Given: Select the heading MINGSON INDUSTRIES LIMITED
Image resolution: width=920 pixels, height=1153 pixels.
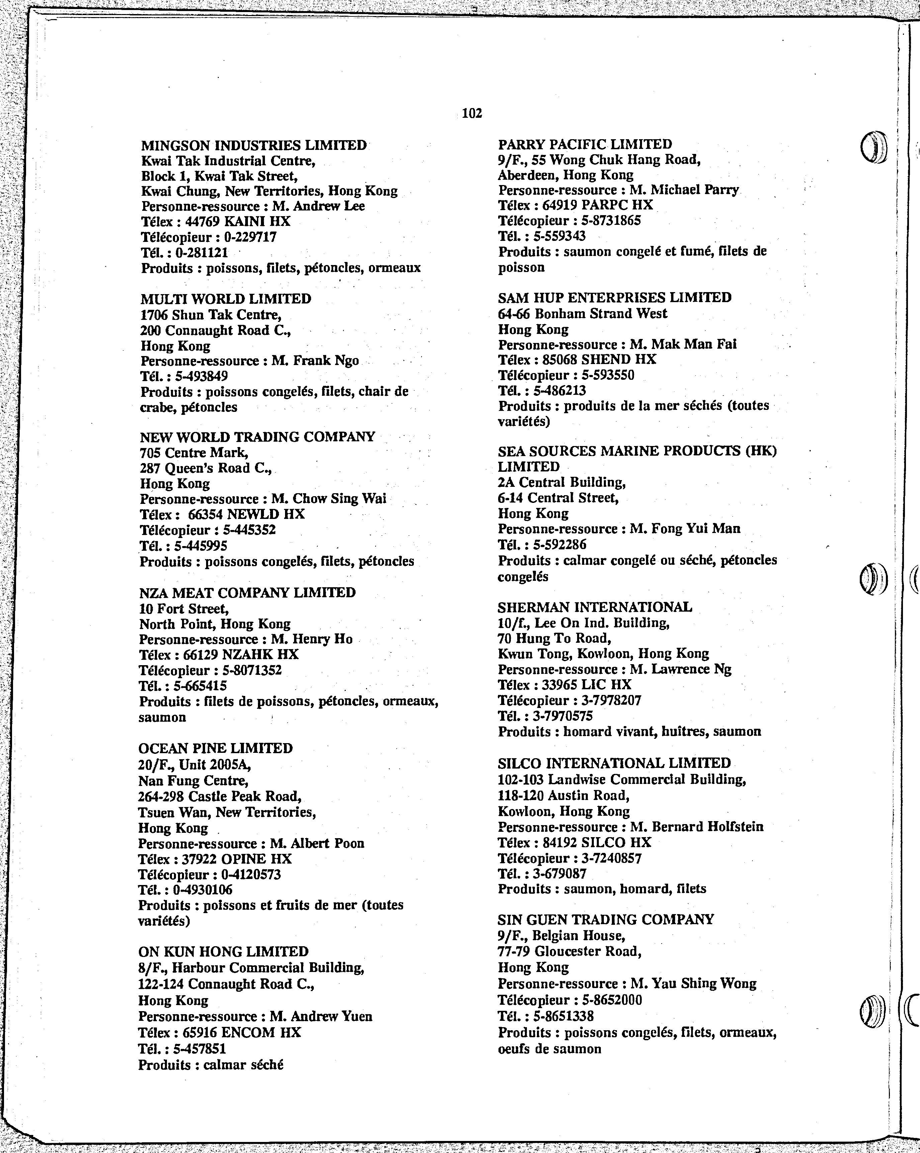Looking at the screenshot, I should click(254, 146).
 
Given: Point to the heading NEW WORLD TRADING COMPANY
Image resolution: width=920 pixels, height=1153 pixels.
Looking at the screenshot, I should click(257, 437).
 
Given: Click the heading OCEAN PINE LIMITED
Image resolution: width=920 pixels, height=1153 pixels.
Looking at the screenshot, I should click(215, 748).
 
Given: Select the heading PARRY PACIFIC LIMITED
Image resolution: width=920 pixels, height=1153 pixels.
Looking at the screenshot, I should click(585, 145).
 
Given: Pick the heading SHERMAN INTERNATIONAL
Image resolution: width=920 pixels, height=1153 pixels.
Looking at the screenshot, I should click(594, 608).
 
